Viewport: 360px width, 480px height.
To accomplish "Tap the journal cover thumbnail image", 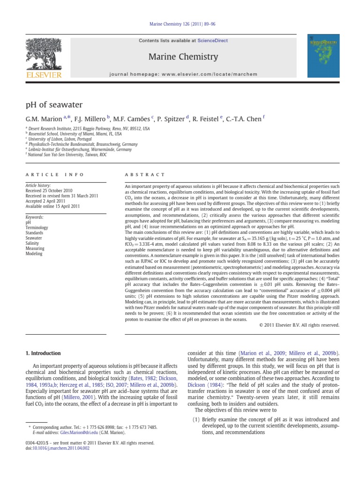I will (323, 56).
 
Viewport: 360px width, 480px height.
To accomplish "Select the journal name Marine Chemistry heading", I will (183, 57).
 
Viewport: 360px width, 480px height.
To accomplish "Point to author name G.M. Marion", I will (41, 119).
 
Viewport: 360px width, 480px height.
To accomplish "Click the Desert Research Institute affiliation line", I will (89, 128).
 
